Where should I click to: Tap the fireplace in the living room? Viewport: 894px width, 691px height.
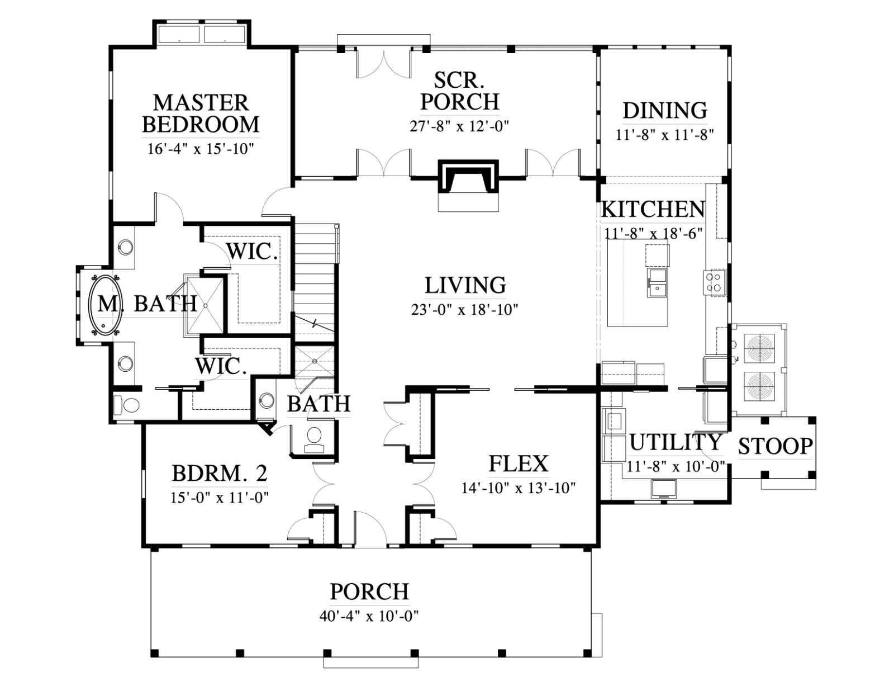tap(468, 181)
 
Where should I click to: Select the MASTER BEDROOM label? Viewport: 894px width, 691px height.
tap(201, 113)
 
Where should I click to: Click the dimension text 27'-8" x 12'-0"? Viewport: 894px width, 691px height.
tap(459, 126)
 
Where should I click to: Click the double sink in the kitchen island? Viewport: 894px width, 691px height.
tap(657, 283)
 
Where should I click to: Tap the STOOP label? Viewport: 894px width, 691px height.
tap(776, 446)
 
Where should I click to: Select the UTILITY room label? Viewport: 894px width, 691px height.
tap(676, 442)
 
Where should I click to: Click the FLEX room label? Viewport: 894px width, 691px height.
tap(519, 463)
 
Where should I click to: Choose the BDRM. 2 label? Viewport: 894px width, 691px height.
tap(219, 474)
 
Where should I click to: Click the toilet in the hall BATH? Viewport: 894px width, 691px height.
tap(315, 439)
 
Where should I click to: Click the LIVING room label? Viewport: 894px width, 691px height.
tap(465, 286)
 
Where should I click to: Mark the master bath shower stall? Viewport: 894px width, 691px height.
tap(205, 305)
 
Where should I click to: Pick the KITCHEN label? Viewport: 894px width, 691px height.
tap(653, 210)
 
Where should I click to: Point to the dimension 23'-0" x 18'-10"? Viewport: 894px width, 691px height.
tap(464, 310)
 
